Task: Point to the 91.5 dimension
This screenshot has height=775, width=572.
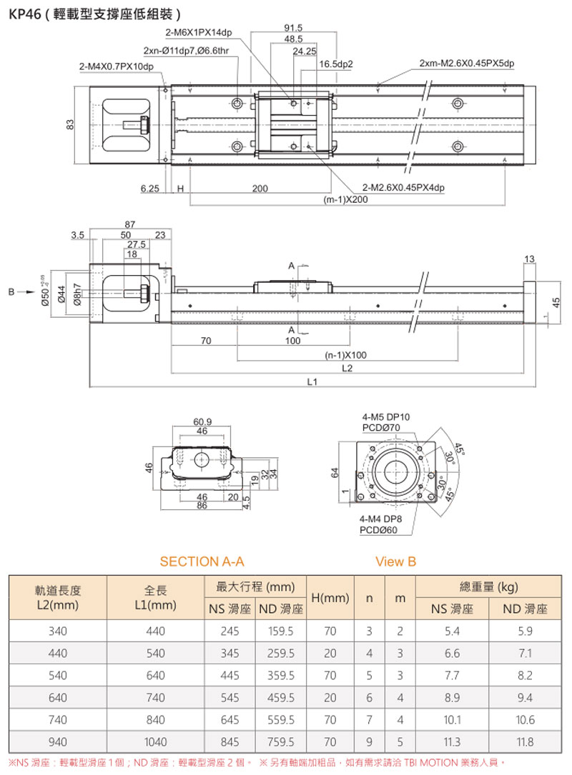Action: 293,28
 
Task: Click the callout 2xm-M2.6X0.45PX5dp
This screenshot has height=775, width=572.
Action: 466,64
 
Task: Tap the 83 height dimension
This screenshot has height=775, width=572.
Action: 70,125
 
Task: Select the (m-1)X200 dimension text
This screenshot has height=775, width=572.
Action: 346,199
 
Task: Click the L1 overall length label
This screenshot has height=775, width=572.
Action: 312,382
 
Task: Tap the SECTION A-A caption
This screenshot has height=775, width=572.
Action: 197,561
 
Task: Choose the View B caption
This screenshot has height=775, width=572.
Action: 395,561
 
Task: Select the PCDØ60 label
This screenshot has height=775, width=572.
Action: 380,529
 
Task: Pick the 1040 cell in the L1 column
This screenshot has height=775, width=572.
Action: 155,741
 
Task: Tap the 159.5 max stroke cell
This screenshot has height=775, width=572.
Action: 280,631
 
